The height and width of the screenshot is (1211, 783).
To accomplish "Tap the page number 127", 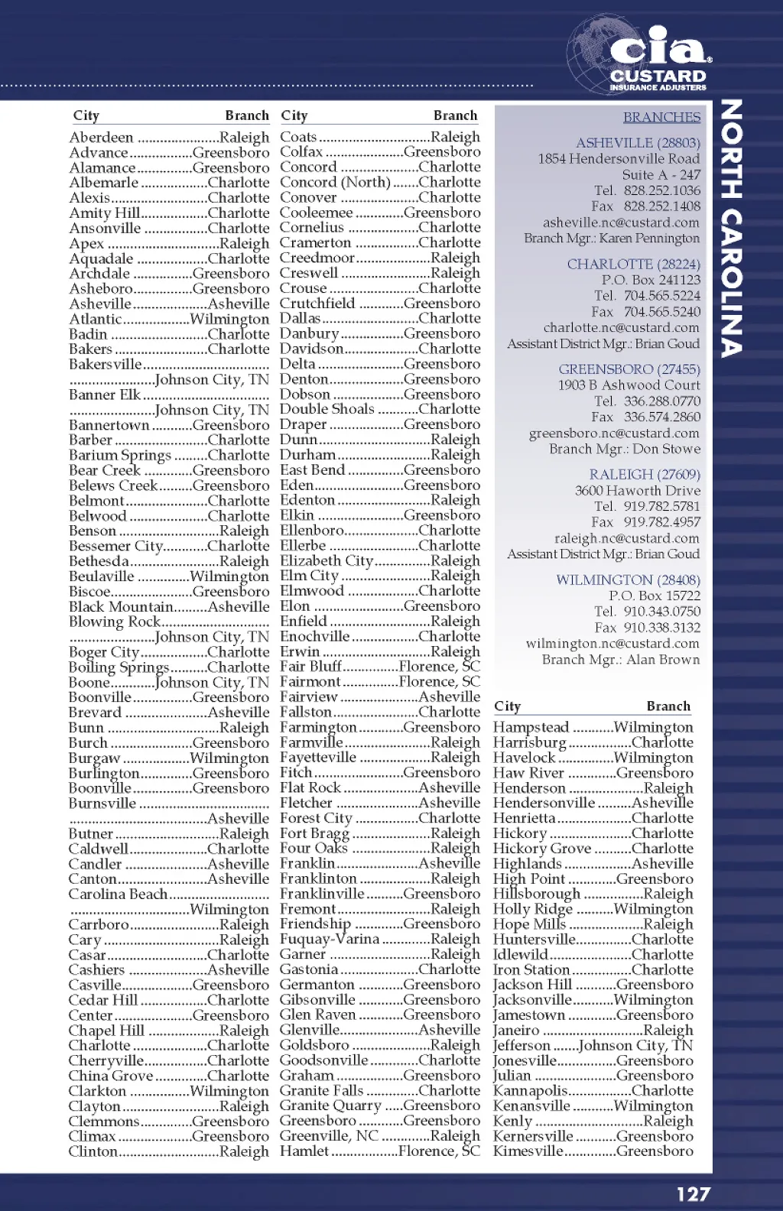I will point(693,1193).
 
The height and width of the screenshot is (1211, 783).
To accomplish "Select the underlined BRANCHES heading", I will point(661,117).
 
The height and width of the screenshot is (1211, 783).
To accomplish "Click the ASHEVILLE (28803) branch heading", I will point(638,143).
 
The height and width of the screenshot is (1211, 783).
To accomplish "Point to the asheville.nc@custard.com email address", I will point(621,222).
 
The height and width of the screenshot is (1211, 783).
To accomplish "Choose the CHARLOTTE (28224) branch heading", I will point(633,264).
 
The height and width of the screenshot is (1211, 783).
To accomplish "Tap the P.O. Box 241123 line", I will point(651,280).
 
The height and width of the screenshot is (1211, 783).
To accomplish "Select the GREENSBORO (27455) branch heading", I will point(629,369).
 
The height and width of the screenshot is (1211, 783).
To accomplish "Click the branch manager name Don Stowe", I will point(667,449).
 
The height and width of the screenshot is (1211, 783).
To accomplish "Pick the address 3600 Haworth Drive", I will point(638,490).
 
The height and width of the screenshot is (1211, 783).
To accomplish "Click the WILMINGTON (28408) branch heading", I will point(628,580).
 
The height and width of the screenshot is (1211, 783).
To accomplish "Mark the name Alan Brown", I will point(663,659).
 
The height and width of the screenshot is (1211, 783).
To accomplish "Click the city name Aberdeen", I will point(101,138).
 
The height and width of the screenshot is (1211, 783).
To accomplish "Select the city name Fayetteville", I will point(318,757).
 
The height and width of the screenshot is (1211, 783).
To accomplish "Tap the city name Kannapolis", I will point(531,1090).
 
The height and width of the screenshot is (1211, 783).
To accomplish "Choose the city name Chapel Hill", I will point(106,1030).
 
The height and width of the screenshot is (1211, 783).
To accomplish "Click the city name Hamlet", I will point(304,1151).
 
